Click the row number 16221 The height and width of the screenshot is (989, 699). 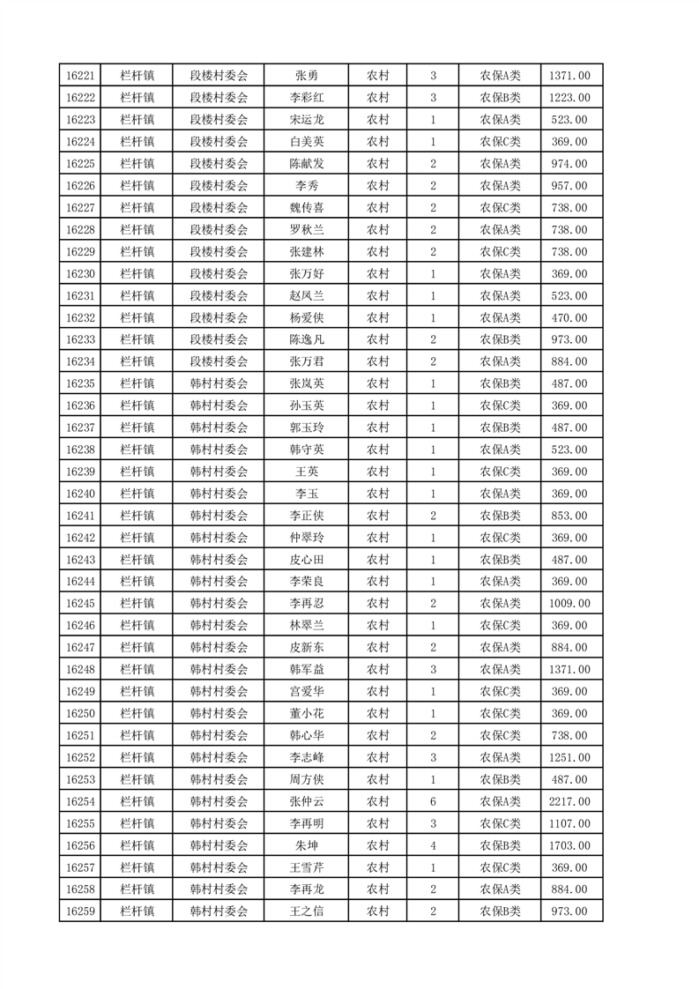click(80, 76)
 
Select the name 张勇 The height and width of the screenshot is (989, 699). click(306, 76)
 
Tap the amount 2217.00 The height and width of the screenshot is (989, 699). click(569, 801)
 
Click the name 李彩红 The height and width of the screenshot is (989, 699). click(306, 98)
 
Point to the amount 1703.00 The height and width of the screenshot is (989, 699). click(569, 845)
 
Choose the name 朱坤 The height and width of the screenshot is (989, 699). click(306, 845)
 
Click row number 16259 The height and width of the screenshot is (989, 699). click(80, 911)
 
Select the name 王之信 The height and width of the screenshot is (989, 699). click(306, 911)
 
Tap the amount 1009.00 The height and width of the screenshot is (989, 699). click(569, 604)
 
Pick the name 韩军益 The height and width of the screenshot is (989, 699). click(306, 670)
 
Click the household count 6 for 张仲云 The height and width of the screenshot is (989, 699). click(433, 801)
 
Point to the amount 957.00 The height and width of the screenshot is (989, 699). click(569, 186)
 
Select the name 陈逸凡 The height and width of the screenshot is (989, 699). click(306, 339)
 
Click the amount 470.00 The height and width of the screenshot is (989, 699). click(569, 317)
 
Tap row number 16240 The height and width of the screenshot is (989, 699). click(80, 494)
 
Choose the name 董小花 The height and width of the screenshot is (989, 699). click(306, 713)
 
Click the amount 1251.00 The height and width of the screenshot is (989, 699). click(569, 757)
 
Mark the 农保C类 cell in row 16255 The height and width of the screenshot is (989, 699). click(500, 823)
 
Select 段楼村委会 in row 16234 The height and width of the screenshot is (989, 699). click(219, 361)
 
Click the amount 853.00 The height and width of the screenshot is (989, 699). click(569, 516)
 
